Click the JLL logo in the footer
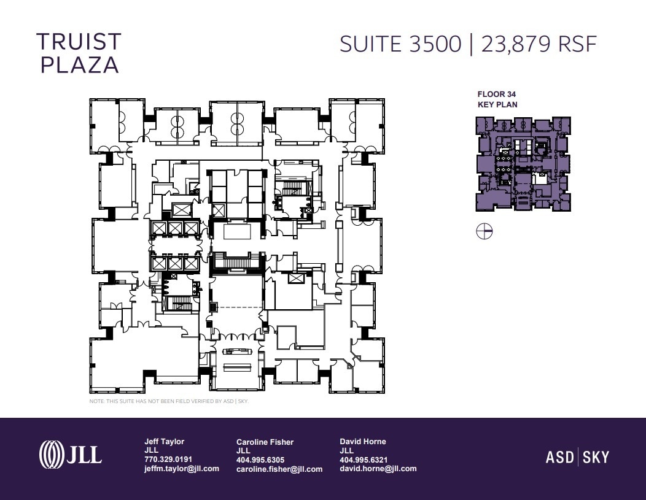pos(71,455)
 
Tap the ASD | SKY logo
pos(577,457)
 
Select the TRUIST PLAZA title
pos(79,53)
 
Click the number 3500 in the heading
pos(435,44)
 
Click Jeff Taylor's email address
pos(182,469)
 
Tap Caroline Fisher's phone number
pos(260,460)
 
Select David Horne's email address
pos(378,469)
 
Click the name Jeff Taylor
pos(164,442)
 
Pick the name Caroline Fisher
pos(265,442)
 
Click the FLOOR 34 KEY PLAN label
pos(497,99)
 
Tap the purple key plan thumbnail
pos(523,164)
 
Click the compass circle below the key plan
pos(484,231)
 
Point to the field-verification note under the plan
pos(169,401)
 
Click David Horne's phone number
pos(364,460)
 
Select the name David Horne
pos(363,442)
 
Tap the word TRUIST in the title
pos(79,42)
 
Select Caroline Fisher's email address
pos(279,469)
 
